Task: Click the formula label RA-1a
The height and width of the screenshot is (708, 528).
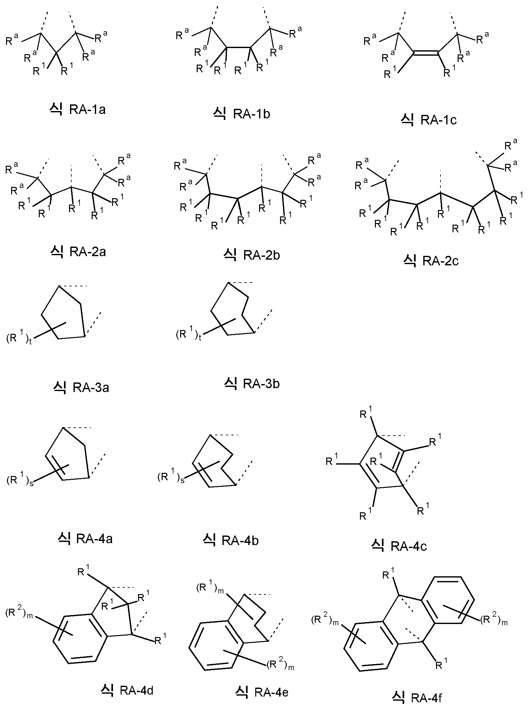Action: [77, 109]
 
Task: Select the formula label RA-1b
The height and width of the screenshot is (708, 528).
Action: [242, 114]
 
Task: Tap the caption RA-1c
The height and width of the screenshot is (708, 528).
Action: [429, 120]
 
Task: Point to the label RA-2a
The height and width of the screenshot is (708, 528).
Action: [78, 252]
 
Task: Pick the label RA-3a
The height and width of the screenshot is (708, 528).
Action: [81, 388]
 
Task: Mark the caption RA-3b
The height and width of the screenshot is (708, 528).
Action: [252, 383]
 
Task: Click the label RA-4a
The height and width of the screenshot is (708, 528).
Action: [85, 539]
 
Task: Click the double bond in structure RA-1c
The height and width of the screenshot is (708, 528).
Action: [426, 53]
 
